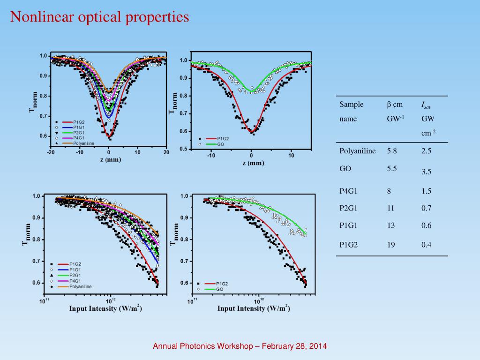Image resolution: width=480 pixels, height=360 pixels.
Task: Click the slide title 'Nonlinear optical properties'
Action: pyautogui.click(x=100, y=17)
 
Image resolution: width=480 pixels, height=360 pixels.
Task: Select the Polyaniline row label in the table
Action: pyautogui.click(x=357, y=151)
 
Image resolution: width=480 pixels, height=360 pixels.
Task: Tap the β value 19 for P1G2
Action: pyautogui.click(x=391, y=244)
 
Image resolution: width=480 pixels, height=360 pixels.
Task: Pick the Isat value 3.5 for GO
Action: pyautogui.click(x=426, y=172)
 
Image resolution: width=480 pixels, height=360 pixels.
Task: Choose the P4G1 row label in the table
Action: pyautogui.click(x=348, y=191)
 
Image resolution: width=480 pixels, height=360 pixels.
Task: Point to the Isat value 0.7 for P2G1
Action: pyautogui.click(x=426, y=208)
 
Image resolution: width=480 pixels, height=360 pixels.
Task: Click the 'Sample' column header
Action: pyautogui.click(x=351, y=105)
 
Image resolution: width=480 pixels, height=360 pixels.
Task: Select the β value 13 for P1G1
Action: pyautogui.click(x=391, y=225)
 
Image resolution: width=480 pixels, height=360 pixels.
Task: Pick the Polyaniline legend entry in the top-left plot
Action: pyautogui.click(x=82, y=143)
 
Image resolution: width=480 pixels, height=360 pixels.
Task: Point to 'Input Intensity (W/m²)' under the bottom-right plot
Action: pyautogui.click(x=253, y=308)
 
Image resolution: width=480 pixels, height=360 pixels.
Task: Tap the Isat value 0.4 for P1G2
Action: pyautogui.click(x=426, y=244)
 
